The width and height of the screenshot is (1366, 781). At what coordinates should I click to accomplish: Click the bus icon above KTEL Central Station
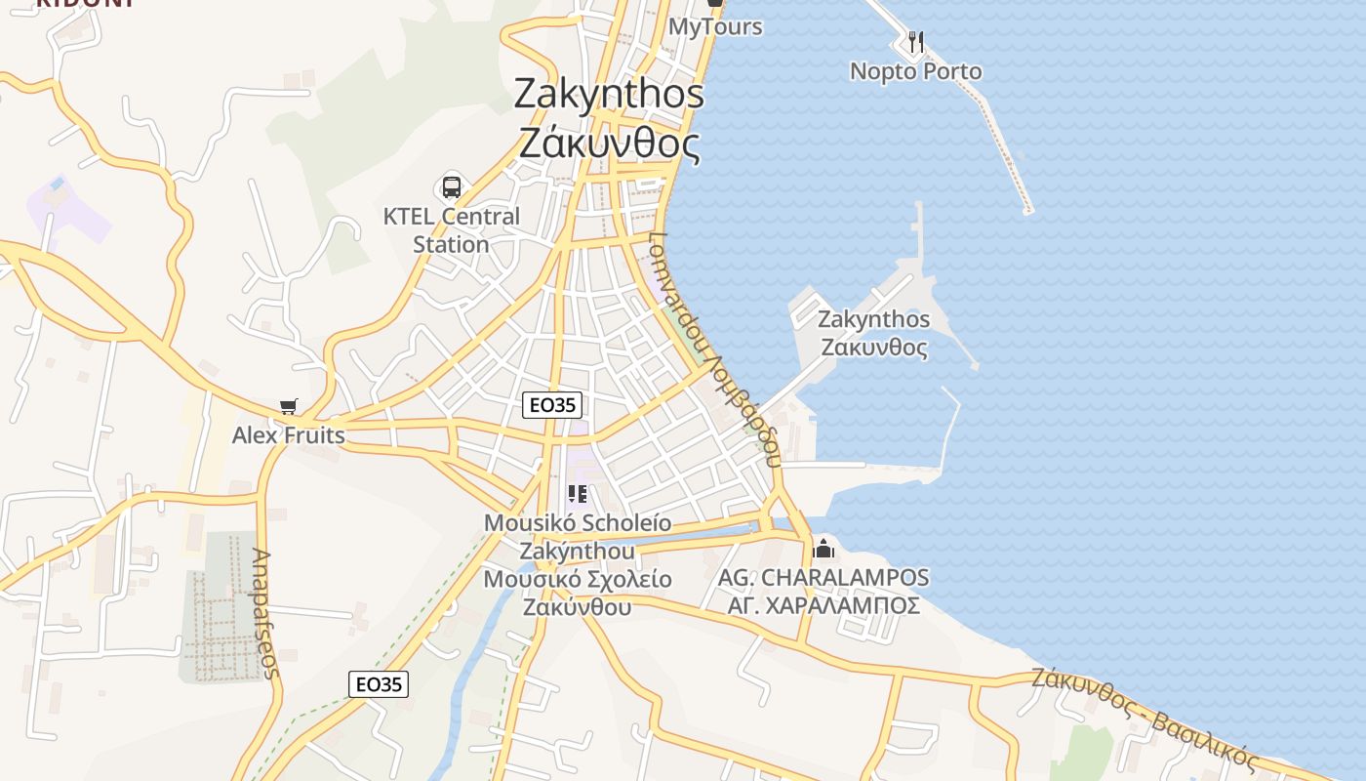coord(451,186)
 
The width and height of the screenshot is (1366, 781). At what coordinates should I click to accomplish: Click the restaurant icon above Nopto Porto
coord(915,42)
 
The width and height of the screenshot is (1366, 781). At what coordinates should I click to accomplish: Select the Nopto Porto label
coord(915,71)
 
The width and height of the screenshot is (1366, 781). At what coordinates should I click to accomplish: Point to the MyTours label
coord(714,26)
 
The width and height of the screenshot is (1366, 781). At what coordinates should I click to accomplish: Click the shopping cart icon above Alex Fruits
coord(288,406)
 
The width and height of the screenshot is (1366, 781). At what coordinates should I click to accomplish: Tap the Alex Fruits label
coord(288,435)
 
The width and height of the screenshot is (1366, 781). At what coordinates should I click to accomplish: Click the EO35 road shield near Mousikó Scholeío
coord(552,405)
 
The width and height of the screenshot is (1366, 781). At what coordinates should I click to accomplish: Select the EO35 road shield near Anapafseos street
coord(379,684)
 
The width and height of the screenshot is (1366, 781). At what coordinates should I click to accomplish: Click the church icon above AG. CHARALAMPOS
coord(824,548)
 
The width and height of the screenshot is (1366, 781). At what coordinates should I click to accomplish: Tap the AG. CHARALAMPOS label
coord(824,578)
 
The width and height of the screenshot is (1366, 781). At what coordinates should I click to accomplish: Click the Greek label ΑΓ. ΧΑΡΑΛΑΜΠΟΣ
coord(824,606)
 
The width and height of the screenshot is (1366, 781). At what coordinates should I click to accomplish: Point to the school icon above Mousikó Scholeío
coord(577,494)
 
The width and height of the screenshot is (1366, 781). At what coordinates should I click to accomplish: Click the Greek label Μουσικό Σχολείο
coord(578,579)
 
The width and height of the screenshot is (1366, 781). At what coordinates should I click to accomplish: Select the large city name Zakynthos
coord(609,94)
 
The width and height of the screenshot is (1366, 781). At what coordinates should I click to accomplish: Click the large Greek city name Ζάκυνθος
coord(609,144)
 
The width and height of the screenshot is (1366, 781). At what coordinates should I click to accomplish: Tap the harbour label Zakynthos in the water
coord(873,319)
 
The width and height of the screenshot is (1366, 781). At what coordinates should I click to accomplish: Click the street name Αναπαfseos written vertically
coord(265,613)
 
